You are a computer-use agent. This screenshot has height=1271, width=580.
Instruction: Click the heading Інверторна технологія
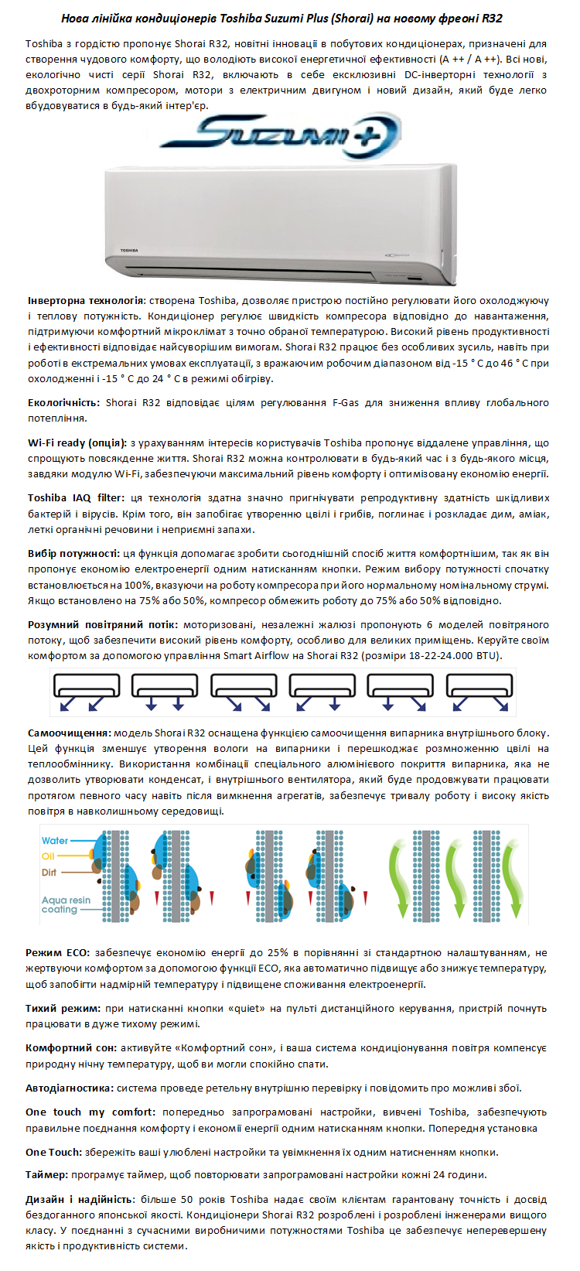(86, 300)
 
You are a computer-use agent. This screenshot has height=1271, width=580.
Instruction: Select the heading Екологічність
(63, 402)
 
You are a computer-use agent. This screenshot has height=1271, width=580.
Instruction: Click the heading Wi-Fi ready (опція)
(77, 443)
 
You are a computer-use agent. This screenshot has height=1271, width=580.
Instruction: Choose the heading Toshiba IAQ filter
(75, 498)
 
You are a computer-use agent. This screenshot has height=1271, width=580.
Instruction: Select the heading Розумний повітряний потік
(102, 624)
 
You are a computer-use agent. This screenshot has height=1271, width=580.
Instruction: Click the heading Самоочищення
(69, 733)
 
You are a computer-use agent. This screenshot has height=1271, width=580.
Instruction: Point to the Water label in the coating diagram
(55, 841)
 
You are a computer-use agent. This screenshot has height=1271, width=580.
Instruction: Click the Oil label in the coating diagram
(48, 856)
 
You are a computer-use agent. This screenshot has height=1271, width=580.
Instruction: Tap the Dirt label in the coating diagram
(49, 873)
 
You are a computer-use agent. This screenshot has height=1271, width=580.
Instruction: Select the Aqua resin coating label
(66, 904)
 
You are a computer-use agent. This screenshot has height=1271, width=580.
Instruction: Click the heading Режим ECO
(57, 952)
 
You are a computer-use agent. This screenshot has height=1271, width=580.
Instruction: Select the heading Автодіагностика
(69, 1088)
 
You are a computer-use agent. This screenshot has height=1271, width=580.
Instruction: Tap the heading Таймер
(46, 1174)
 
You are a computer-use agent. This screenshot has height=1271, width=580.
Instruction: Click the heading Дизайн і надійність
(80, 1199)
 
